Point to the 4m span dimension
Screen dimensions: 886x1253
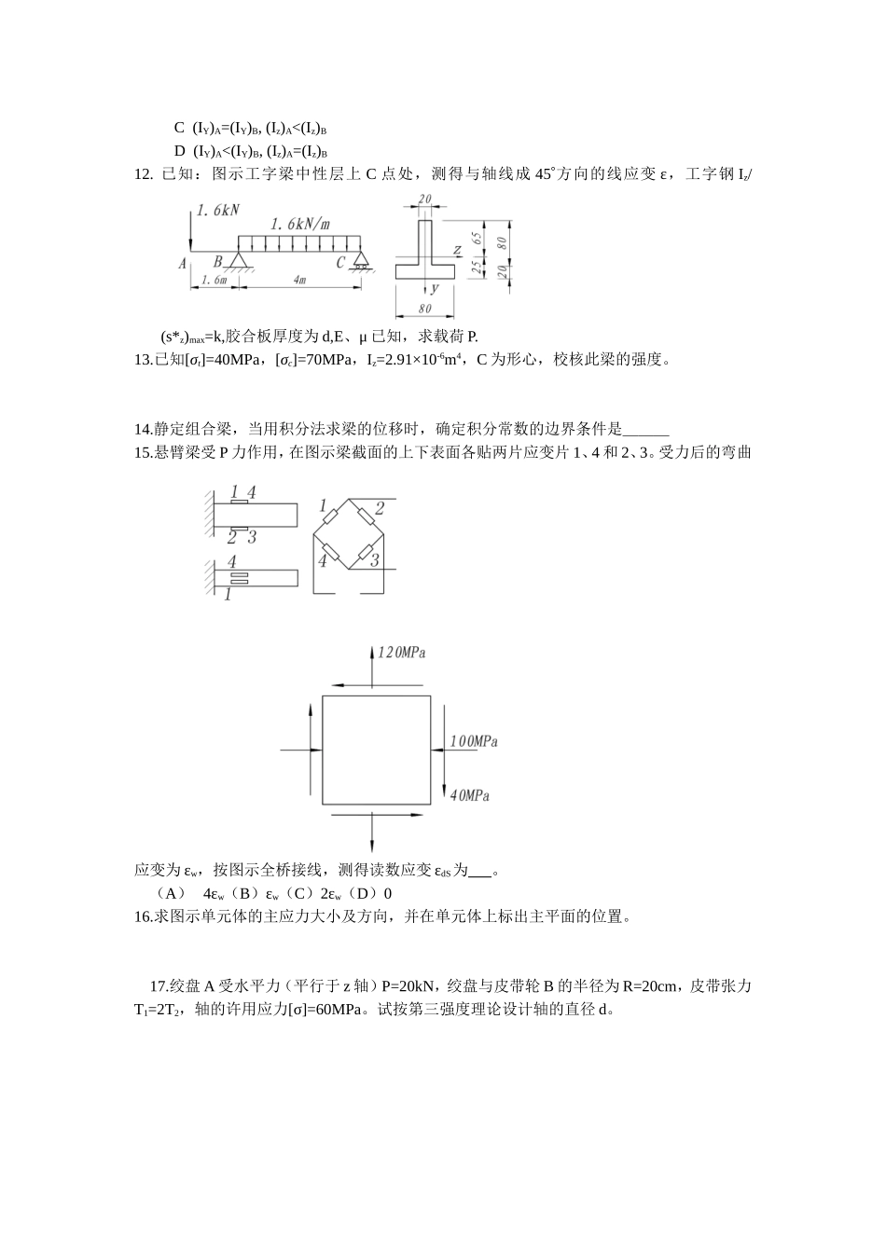(299, 279)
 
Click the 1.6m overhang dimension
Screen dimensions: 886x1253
(214, 279)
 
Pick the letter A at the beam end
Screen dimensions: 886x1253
(183, 264)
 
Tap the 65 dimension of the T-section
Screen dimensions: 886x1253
(478, 239)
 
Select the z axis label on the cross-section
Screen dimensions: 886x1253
(457, 250)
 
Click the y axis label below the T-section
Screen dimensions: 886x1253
(435, 289)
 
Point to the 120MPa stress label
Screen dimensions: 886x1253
(401, 654)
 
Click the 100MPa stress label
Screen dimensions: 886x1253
(474, 741)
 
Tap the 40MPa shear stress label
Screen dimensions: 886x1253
(470, 795)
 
